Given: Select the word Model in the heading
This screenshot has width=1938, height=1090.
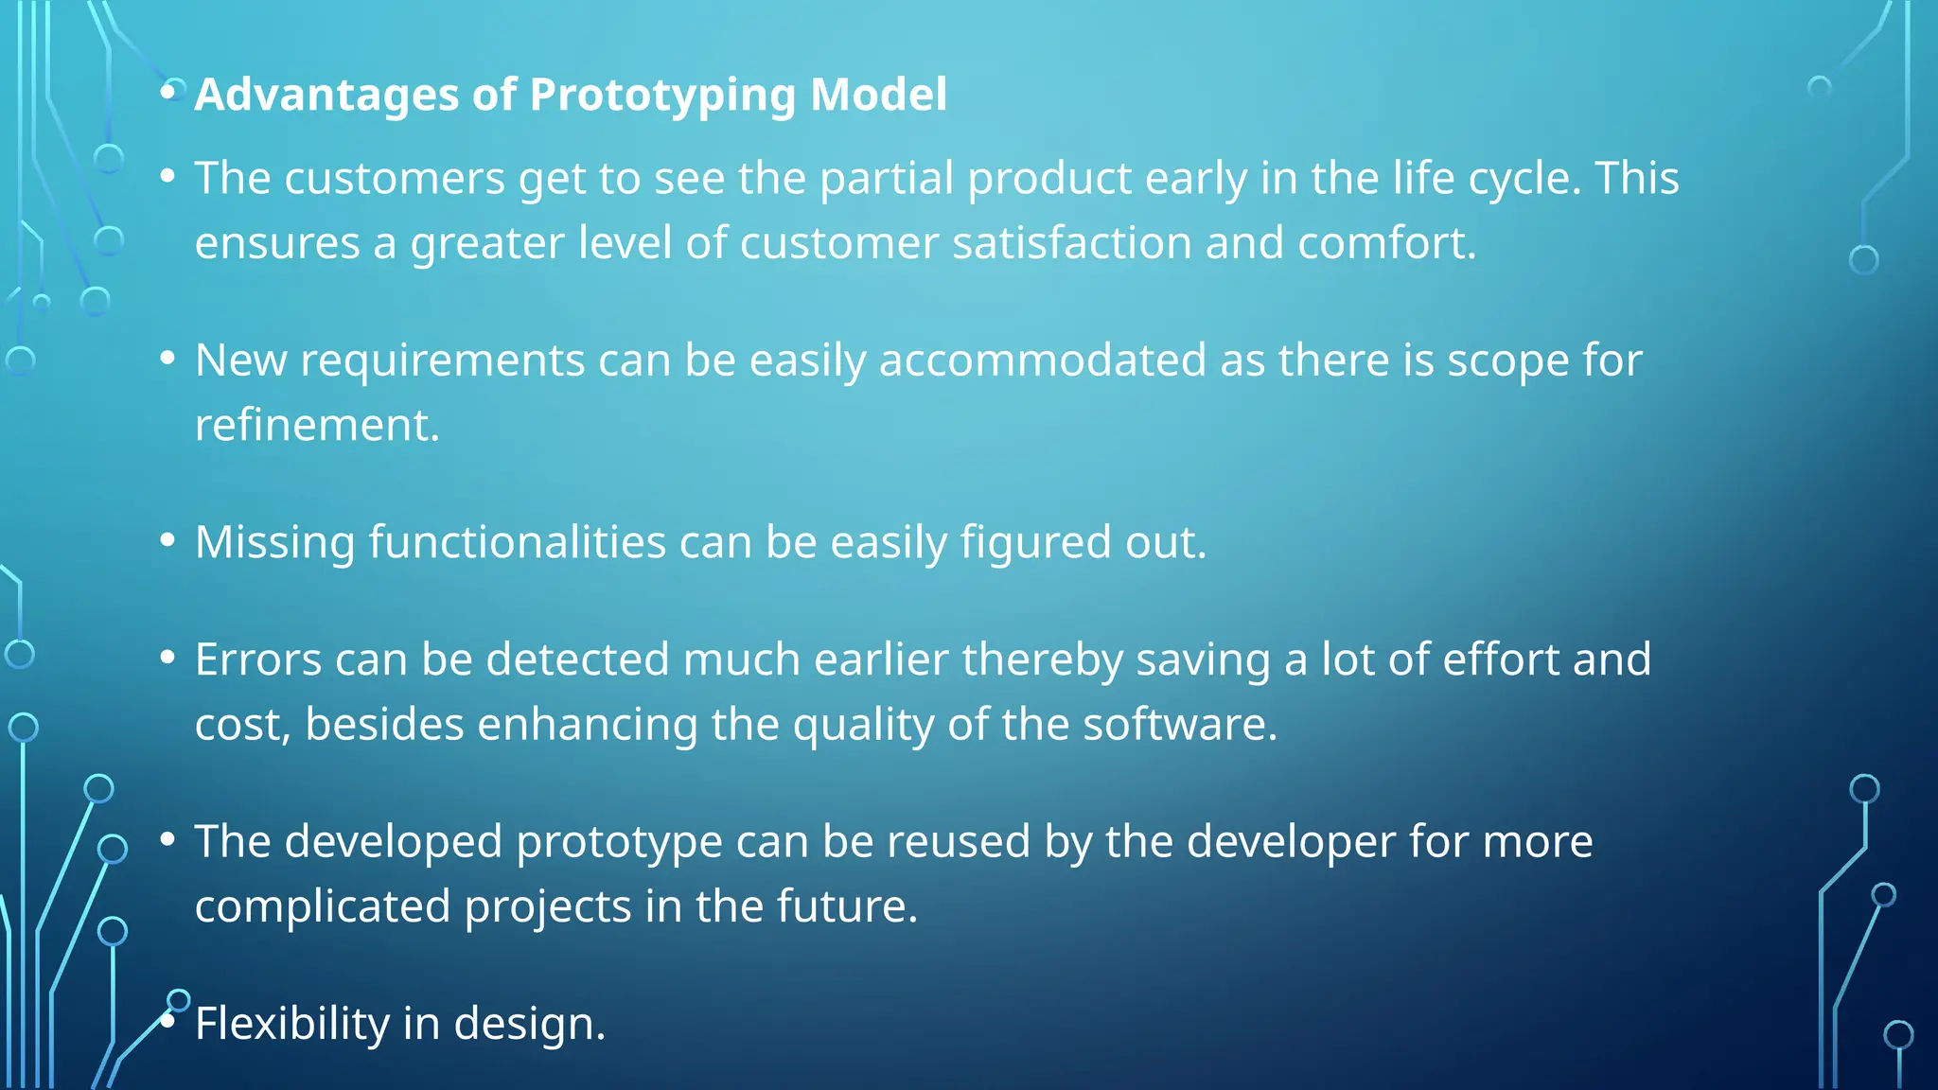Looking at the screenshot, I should point(878,96).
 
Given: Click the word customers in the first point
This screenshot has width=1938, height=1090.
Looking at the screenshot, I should point(395,179).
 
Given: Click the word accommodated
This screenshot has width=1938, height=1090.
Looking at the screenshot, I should point(1043,360).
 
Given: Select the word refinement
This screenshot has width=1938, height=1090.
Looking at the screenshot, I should point(317,425).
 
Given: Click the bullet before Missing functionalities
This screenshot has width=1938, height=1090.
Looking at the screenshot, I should point(168,540).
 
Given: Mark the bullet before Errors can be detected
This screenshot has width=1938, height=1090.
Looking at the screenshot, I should point(168,658).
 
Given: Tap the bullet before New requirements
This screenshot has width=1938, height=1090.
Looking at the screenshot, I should point(168,359).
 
